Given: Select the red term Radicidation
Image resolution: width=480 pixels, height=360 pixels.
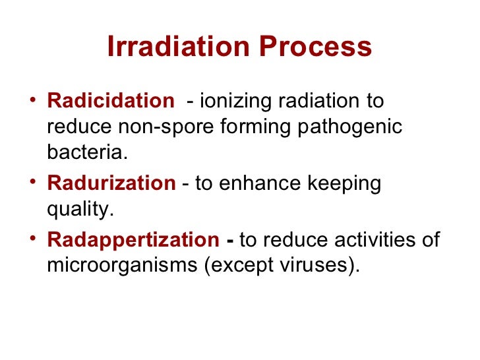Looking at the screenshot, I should click(109, 102).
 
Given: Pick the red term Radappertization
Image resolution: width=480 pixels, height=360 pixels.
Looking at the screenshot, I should click(133, 240).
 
